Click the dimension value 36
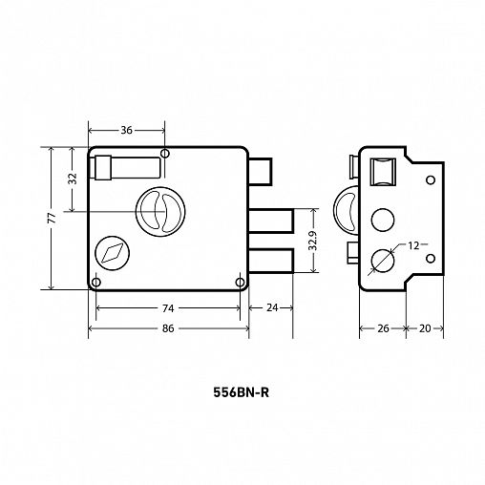point(126,130)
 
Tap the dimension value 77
point(52,219)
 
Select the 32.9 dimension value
point(313,241)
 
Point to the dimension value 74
point(168,308)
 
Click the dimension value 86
point(168,328)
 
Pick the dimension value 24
point(272,307)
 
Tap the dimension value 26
point(383,328)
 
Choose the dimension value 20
point(425,328)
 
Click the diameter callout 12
point(413,245)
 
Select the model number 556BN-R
point(241,392)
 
